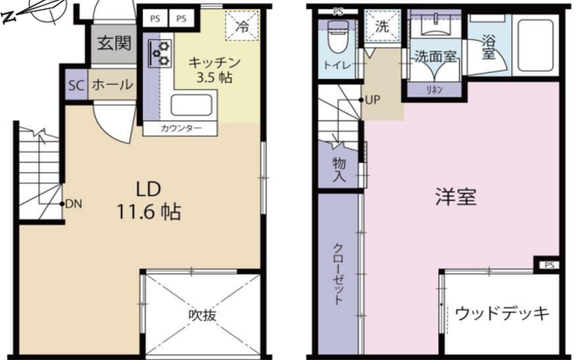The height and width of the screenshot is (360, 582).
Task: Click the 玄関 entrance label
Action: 115,43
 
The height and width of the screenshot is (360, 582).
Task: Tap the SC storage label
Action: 76,86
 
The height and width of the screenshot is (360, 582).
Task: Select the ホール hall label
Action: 112,85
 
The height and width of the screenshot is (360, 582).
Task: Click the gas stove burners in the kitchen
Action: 160,53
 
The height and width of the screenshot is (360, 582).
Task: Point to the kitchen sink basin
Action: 191,105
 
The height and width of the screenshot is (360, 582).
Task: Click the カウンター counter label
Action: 180,128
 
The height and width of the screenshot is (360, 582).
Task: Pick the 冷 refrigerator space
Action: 242,25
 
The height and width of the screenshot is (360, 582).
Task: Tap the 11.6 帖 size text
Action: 149,213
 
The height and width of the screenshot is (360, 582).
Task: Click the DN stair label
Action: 73,204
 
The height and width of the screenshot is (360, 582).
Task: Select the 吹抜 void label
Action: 202,315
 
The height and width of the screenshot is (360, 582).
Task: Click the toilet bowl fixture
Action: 337,37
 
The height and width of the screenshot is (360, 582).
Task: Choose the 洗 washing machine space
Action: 382,25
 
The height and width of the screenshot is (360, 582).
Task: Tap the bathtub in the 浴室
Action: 535,46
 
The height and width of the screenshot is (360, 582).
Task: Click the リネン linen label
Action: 434,90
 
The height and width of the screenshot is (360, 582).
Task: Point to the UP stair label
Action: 372,100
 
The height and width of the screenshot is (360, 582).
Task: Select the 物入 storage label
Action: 339,169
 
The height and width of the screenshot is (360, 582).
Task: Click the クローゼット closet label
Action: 338,274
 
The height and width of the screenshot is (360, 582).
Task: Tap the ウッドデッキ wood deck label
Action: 502,313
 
